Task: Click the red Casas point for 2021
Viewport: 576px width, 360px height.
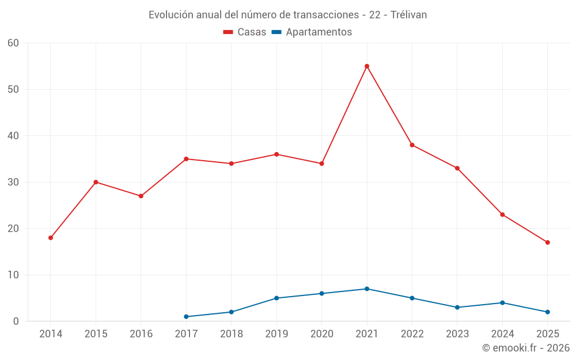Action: [367, 66]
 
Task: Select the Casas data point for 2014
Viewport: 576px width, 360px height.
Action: [51, 238]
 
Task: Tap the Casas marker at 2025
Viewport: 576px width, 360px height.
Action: [547, 242]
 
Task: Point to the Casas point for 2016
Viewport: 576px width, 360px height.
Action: [141, 196]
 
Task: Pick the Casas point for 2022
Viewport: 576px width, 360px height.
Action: [412, 145]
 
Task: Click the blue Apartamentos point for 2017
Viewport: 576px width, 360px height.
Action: [186, 317]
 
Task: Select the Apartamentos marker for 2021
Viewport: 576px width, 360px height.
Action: [367, 289]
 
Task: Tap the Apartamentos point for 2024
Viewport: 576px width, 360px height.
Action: [502, 303]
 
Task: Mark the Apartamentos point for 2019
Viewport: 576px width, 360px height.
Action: [276, 298]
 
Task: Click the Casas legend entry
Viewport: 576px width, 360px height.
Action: [245, 32]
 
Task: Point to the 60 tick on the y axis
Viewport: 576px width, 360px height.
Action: [14, 43]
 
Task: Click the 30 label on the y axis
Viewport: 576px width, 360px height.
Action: [14, 182]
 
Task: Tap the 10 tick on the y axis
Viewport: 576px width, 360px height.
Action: [14, 275]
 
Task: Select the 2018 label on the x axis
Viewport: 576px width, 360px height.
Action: [232, 334]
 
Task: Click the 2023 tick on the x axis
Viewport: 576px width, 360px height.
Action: [457, 334]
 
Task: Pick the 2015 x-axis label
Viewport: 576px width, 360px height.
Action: [96, 334]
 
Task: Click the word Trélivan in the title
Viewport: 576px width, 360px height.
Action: [408, 15]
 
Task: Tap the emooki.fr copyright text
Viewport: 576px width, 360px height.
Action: [526, 348]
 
